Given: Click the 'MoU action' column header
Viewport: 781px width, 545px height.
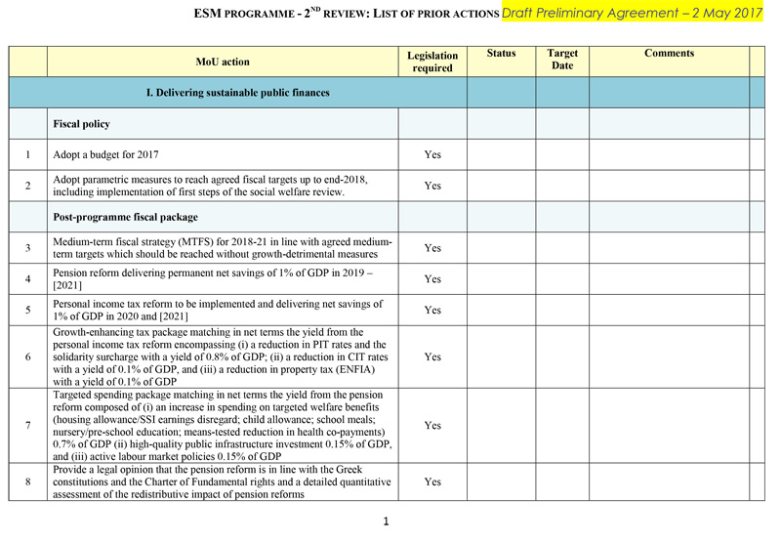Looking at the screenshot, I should coord(223,62).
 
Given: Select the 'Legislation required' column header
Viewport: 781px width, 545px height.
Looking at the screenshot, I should coord(432,62).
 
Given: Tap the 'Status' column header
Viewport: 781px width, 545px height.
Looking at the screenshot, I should coord(501,54).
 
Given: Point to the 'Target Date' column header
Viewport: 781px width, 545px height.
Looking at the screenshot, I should coord(562,59).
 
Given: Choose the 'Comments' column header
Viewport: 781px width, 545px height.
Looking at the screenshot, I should coord(669,54).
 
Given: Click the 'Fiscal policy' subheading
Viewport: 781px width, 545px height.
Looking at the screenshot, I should coord(81,124).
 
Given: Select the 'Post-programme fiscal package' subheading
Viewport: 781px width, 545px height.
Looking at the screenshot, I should coord(126,217).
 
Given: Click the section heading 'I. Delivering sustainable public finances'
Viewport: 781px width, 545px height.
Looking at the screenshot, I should coord(237,93).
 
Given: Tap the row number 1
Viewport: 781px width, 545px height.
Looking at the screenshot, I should coord(28,154).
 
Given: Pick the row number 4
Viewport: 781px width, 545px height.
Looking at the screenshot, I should coord(28,278).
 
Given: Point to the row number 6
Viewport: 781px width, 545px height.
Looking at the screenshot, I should coord(28,356).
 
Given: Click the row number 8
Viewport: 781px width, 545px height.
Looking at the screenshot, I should coord(28,482).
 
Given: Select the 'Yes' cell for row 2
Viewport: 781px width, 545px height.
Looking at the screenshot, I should coord(432,186).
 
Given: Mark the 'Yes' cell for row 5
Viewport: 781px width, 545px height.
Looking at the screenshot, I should coord(432,311).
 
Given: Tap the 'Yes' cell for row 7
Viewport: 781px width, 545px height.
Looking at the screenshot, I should coord(432,426).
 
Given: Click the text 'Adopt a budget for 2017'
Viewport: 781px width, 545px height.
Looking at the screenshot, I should coord(105,154).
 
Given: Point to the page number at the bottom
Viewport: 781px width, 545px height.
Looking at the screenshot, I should coord(387,522).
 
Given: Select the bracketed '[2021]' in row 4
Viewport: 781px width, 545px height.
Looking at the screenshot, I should coord(68,285).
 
